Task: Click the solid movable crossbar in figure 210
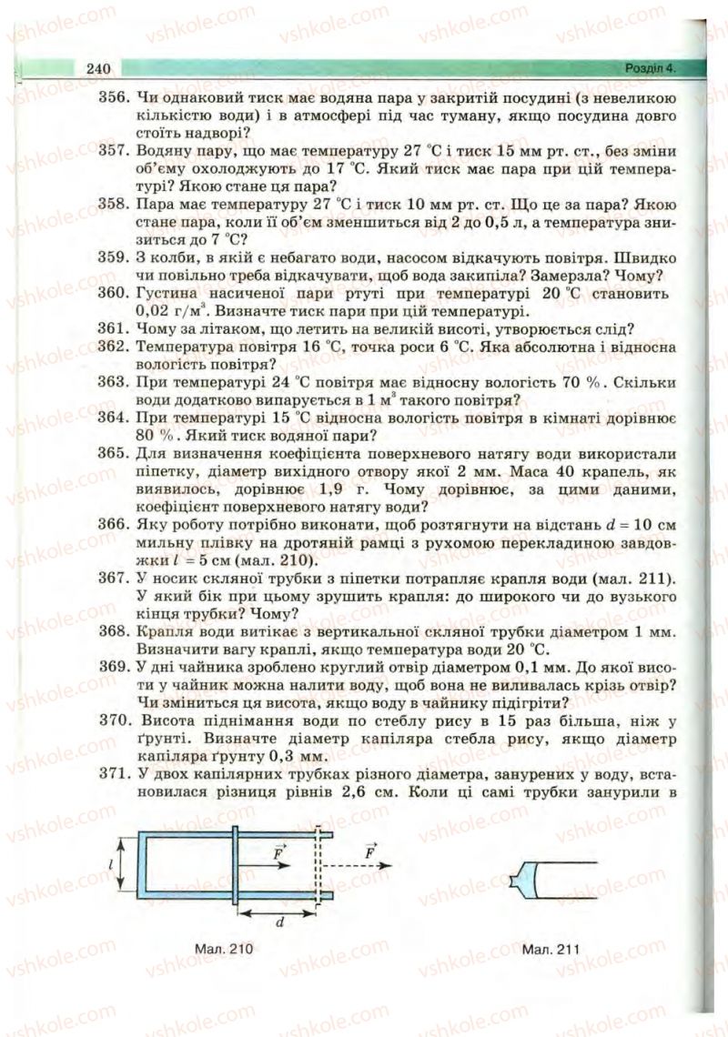tap(236, 864)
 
